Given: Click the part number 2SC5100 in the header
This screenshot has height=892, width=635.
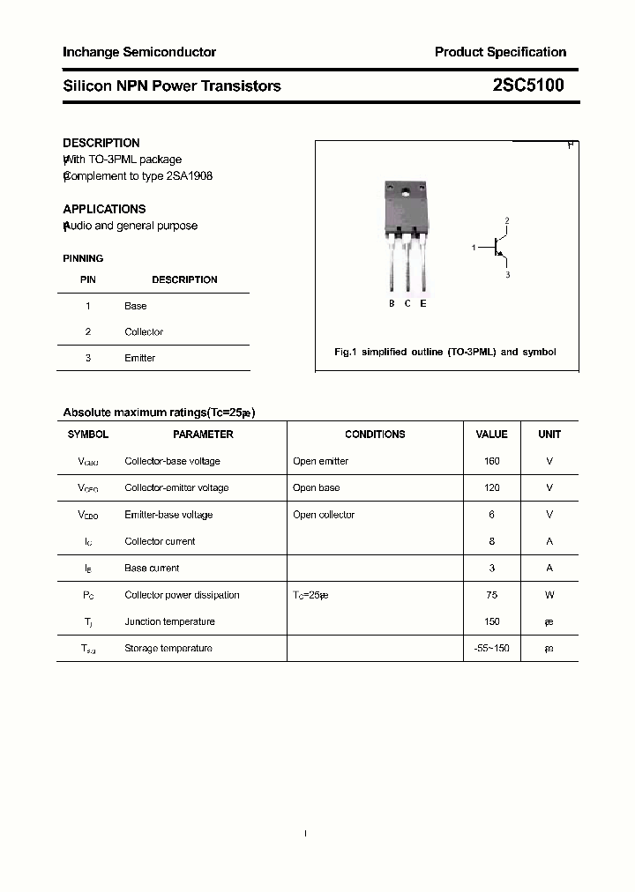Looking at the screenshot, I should (528, 85).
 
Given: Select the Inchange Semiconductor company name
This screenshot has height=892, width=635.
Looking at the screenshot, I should (139, 52).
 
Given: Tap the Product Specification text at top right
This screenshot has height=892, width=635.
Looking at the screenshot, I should (500, 52).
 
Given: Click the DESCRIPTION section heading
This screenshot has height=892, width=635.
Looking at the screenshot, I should (101, 143).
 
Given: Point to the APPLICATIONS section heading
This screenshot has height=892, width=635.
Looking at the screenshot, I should (104, 209).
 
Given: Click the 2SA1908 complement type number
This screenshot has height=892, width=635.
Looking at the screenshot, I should (190, 175).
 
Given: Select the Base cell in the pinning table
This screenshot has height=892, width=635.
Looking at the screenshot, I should (136, 306).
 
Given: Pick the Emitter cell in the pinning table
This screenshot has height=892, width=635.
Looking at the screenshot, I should (139, 358).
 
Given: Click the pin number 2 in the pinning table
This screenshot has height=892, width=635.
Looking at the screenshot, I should (88, 332).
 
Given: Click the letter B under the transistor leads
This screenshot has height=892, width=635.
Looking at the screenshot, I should (392, 303).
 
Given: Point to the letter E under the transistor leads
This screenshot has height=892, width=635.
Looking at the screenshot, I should (423, 303).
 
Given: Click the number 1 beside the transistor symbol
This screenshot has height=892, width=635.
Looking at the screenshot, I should (474, 248).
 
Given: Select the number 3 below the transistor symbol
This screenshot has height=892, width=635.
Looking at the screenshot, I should (507, 275).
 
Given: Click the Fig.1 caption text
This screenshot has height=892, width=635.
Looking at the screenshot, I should (444, 352).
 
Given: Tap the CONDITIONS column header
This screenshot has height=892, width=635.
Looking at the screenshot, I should (375, 435).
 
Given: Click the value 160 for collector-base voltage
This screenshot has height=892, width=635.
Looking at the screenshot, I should (491, 461).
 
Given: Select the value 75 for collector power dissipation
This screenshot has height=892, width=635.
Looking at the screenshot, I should (491, 595).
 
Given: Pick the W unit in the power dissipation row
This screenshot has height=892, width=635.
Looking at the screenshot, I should (549, 595).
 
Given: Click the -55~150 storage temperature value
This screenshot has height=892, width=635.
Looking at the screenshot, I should (491, 649).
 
